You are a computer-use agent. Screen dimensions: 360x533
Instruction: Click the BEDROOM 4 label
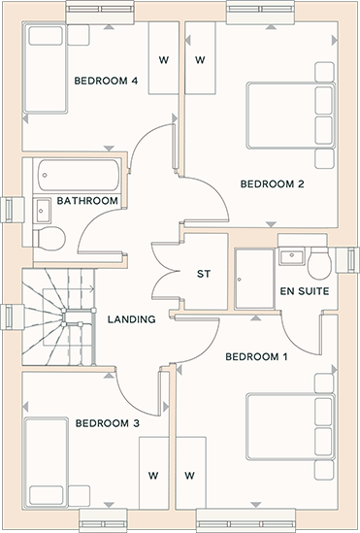coord(106,81)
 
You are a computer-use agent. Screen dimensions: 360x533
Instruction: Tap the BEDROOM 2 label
coord(272,184)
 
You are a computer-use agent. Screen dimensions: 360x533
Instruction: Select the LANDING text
coord(131,319)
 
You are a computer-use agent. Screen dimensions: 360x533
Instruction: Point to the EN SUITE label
coord(305,291)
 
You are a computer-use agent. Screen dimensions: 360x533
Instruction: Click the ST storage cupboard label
coord(204,274)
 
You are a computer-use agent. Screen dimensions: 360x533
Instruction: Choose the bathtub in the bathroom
coord(79,175)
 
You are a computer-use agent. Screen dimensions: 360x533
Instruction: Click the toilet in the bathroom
coord(49,238)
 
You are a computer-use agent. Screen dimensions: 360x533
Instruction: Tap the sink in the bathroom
coord(43,211)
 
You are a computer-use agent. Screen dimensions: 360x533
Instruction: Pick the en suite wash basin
coord(292,256)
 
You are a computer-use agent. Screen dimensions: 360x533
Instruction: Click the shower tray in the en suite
coord(254,279)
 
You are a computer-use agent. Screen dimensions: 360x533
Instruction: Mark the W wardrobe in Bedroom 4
coord(164,58)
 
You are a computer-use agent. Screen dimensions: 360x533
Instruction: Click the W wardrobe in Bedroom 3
coord(154,473)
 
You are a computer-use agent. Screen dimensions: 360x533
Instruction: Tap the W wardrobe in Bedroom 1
coord(190,473)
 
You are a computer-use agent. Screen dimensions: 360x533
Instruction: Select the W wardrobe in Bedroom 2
coord(200,58)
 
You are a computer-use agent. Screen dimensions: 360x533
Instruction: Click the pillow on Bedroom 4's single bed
coord(46,36)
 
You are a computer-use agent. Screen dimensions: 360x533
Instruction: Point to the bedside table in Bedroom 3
coord(80,496)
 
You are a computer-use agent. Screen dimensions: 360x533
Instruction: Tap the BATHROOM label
coord(87,201)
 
